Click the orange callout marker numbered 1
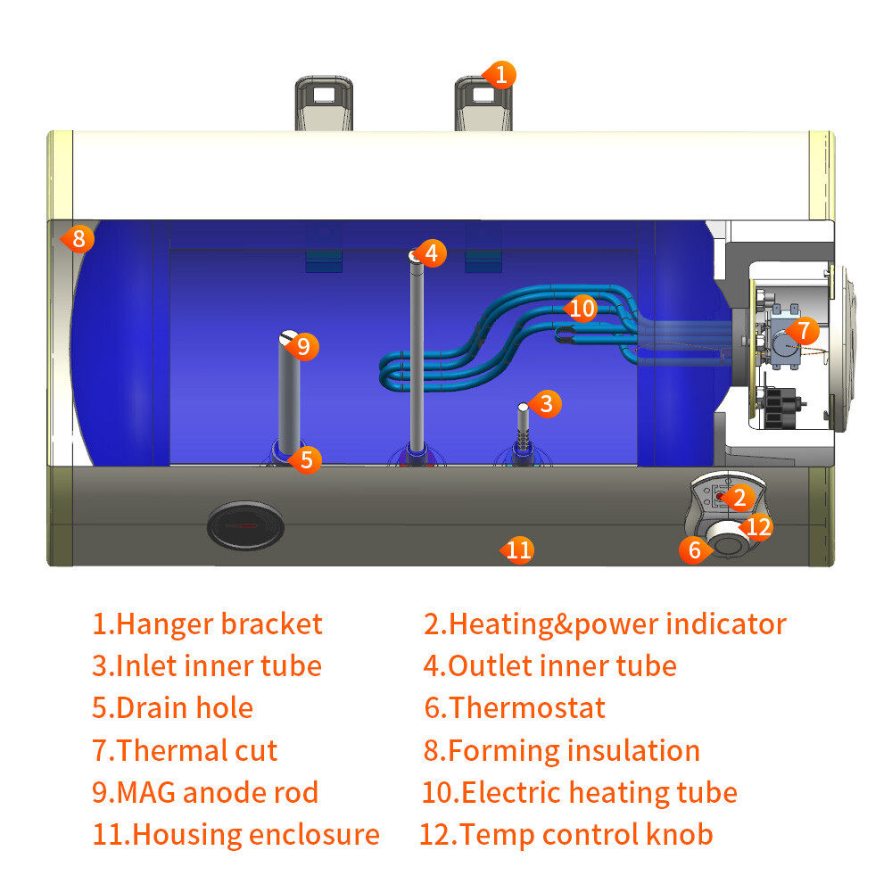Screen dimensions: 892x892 point(500,73)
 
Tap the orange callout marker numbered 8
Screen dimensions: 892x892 point(78,238)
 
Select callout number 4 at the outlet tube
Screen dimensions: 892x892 point(431,253)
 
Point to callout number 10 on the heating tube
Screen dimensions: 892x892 point(582,309)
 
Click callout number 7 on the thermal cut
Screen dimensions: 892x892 point(803,330)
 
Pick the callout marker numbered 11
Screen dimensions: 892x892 point(518,549)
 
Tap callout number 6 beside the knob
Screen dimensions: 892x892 point(695,549)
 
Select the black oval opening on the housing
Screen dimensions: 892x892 point(245,525)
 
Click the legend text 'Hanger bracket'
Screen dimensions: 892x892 point(207,624)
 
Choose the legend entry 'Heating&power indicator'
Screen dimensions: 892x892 point(605,624)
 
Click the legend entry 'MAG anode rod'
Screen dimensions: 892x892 point(204,792)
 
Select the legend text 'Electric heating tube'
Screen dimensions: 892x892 point(580,792)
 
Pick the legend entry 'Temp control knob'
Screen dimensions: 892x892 point(566,835)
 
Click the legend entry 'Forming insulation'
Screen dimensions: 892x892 point(561,750)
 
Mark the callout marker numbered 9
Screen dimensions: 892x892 point(303,345)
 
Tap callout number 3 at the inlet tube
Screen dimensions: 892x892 point(547,403)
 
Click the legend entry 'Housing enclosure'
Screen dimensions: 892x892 point(235,835)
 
